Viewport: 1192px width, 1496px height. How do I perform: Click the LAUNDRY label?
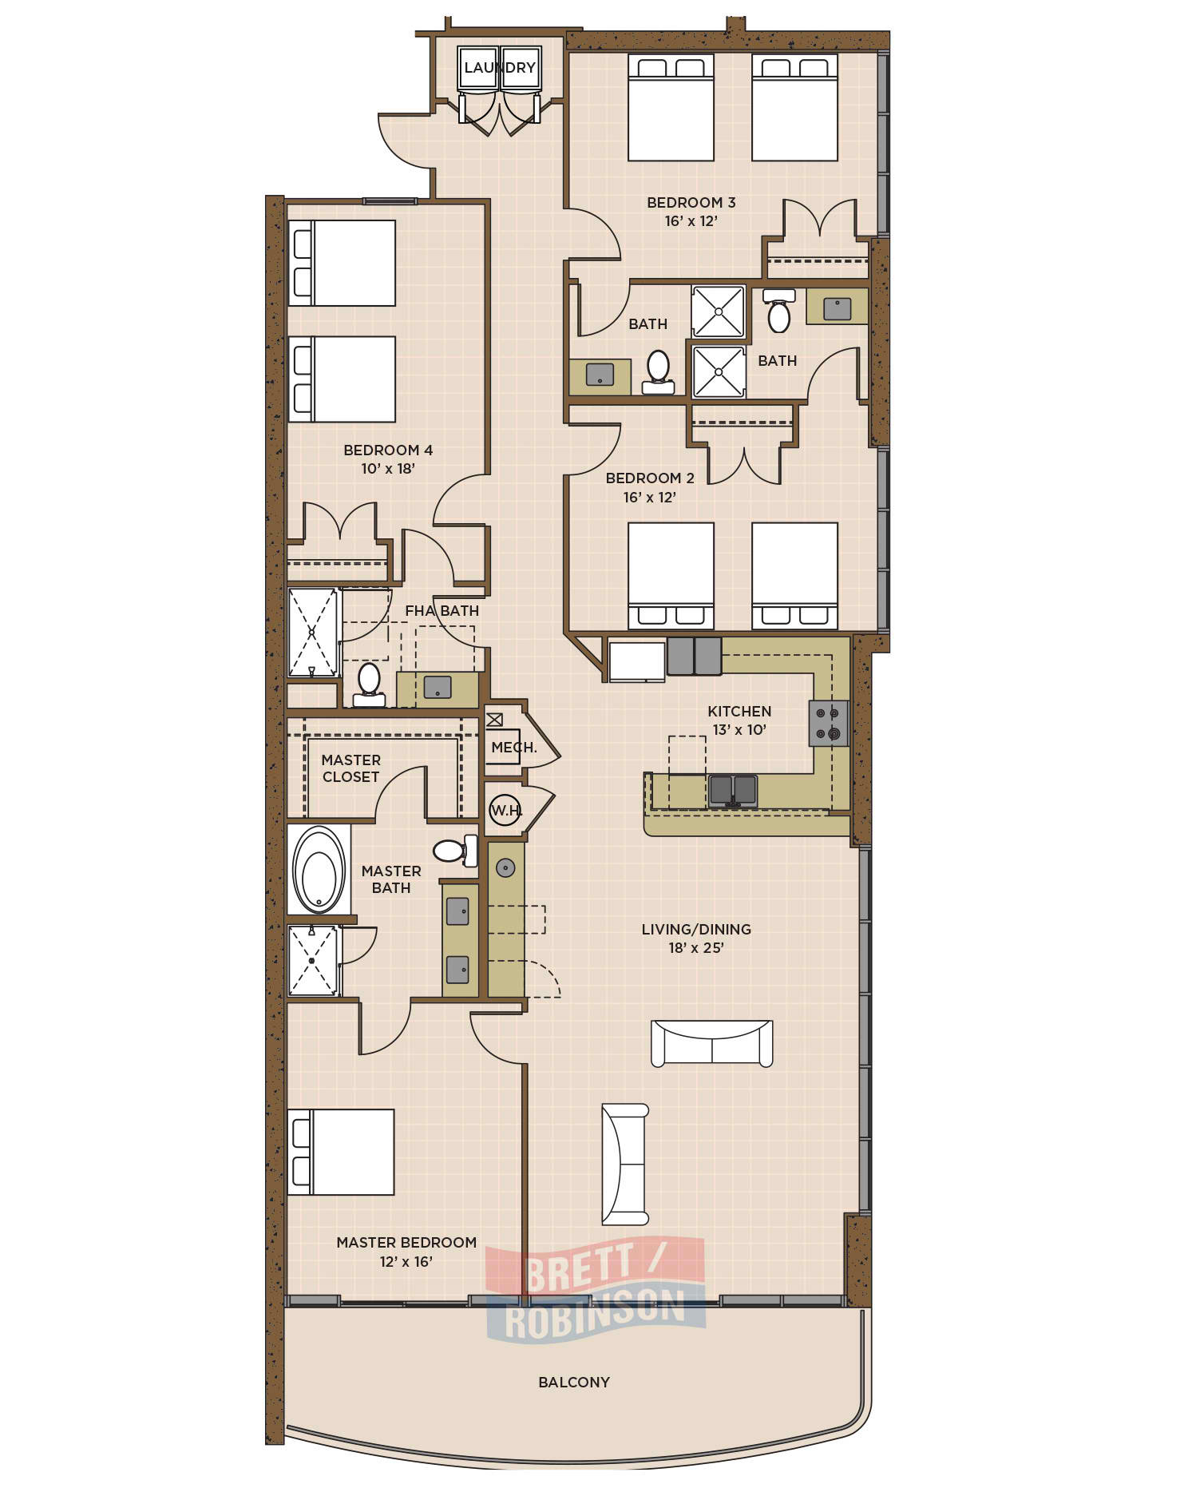coord(500,68)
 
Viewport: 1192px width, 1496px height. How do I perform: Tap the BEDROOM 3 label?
coord(691,203)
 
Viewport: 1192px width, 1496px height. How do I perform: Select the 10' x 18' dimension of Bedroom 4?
coord(388,469)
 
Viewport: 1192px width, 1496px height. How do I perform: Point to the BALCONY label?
coord(574,1382)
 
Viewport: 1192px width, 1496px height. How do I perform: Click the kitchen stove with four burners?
coord(829,723)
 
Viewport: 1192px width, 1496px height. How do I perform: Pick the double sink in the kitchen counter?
coord(733,791)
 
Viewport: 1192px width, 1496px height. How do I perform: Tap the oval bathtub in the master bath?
coord(319,870)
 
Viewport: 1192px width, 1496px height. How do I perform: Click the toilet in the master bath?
coord(456,851)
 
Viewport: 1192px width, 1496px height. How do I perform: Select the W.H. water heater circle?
coord(505,811)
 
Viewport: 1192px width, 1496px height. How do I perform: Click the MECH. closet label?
coord(514,748)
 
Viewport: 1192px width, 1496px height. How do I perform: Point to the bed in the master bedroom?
coord(341,1152)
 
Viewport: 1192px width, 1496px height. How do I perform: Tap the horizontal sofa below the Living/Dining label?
coord(712,1043)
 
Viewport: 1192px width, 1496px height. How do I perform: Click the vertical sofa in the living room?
coord(625,1165)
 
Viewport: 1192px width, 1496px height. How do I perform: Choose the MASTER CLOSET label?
coord(351,768)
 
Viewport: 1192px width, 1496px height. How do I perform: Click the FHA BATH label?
coord(442,611)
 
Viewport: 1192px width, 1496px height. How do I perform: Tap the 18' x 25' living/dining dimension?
coord(696,948)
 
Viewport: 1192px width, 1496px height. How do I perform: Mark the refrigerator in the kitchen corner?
coord(637,661)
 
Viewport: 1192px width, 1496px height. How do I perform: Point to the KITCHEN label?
coord(739,711)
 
